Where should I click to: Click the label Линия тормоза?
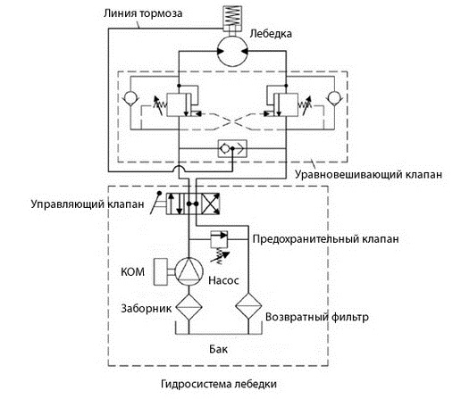pos(143,13)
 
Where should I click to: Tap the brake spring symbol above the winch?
pos(232,16)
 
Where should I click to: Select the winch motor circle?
pos(232,51)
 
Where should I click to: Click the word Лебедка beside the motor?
pos(271,33)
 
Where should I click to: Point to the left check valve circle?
pos(130,98)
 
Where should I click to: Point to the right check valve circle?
pos(334,98)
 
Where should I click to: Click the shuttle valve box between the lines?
pos(232,148)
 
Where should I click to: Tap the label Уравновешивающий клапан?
pos(368,174)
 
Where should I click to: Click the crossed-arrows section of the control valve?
pos(211,204)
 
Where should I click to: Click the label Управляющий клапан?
pos(88,204)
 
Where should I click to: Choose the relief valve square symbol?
pos(219,239)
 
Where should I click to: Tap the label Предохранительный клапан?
pos(325,239)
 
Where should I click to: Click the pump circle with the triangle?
pos(189,271)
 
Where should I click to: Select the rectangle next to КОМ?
pos(161,272)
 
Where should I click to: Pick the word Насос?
pos(223,280)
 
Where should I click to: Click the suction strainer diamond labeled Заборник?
pos(189,307)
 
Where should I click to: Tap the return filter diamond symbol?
pos(248,306)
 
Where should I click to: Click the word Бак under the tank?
pos(218,349)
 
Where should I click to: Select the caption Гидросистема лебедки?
pos(219,384)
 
